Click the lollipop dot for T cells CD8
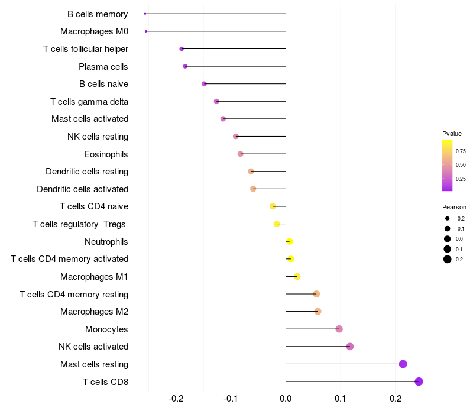click(x=419, y=381)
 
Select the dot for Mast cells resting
click(x=403, y=364)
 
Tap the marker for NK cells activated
click(x=350, y=346)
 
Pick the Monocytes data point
click(x=339, y=329)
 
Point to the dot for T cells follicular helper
click(x=182, y=48)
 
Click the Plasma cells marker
click(x=185, y=66)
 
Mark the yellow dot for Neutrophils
click(x=289, y=241)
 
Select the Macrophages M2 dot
click(x=318, y=311)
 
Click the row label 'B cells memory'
click(x=98, y=14)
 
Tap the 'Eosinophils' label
click(x=106, y=154)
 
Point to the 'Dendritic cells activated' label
click(x=82, y=189)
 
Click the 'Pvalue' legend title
click(x=452, y=134)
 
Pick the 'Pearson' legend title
click(x=454, y=207)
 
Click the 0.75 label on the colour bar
click(x=461, y=151)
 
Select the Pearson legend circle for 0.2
click(x=448, y=259)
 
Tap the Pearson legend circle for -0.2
click(x=448, y=218)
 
